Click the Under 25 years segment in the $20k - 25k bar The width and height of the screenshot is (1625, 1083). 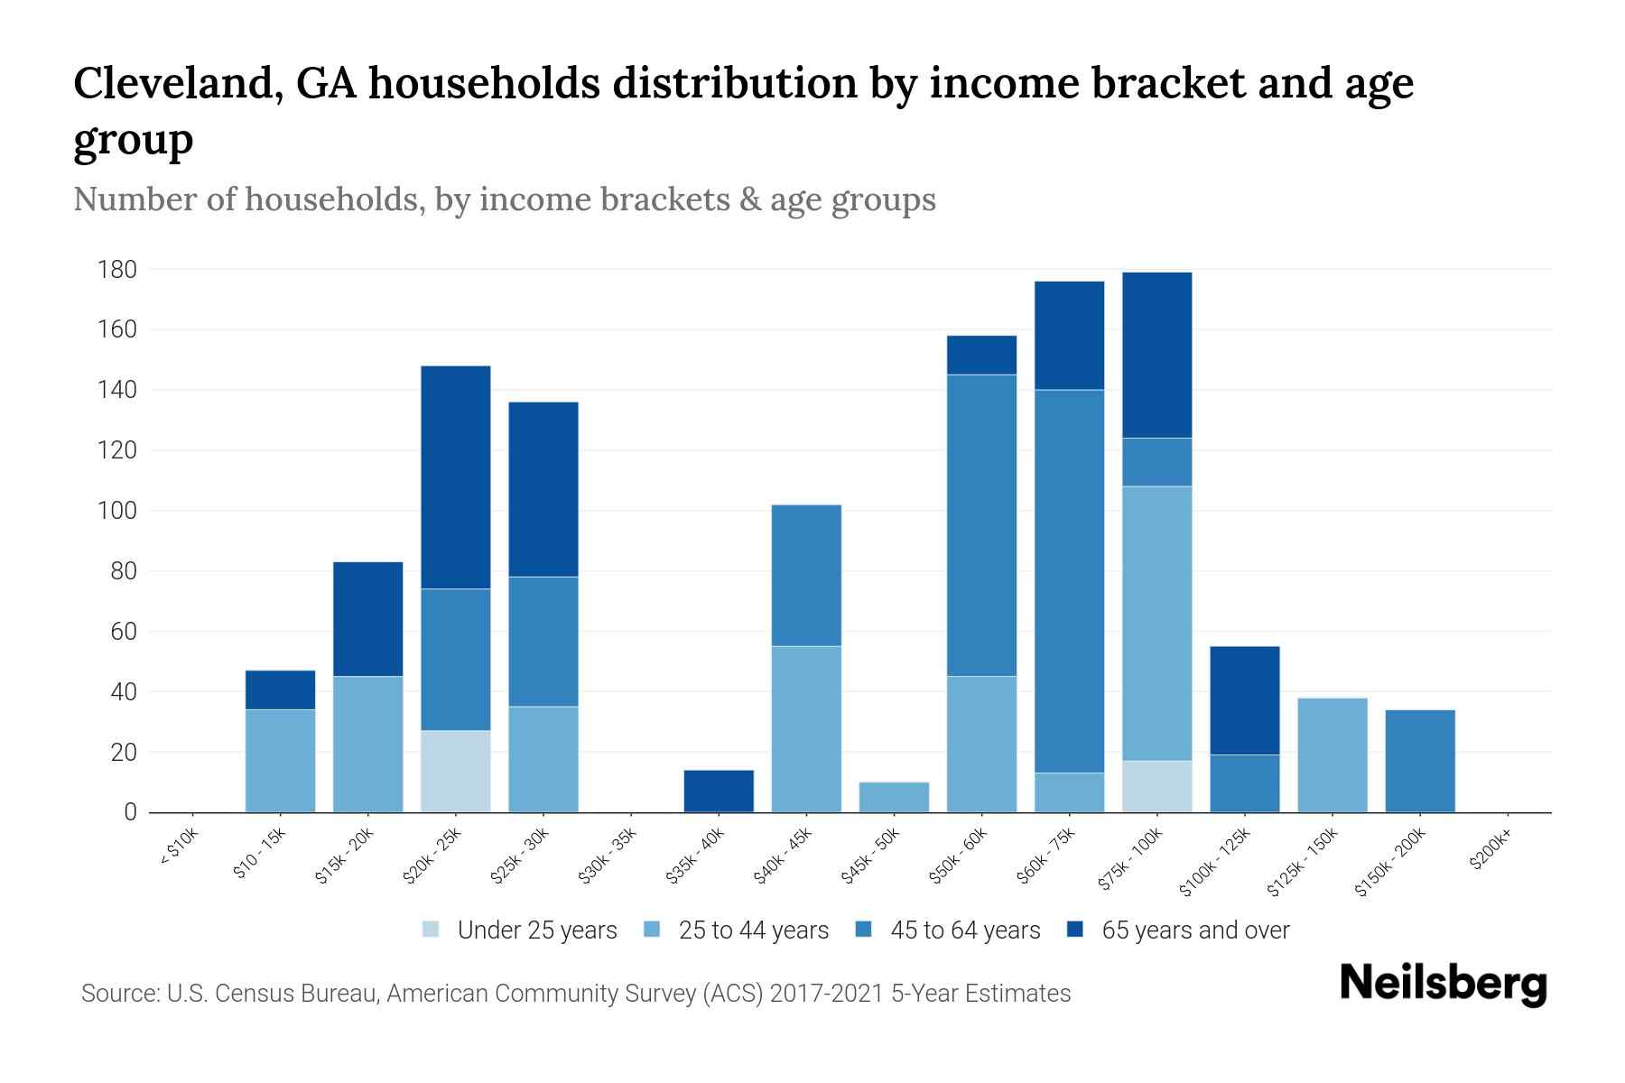click(x=456, y=771)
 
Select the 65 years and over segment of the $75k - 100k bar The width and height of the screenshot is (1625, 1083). click(x=1157, y=355)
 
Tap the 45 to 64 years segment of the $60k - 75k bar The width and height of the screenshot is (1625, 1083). click(x=1070, y=580)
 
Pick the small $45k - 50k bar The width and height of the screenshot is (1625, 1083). click(x=895, y=797)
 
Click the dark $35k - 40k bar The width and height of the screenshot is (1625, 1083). click(x=720, y=791)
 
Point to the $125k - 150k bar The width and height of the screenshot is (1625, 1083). click(x=1332, y=754)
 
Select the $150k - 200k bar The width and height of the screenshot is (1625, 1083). click(x=1420, y=761)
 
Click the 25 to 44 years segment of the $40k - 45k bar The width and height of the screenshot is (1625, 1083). click(x=807, y=728)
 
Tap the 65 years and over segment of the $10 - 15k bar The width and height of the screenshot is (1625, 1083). click(x=281, y=690)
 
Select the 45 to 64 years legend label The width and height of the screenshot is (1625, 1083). click(x=965, y=930)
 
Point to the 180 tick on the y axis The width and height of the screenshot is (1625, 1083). click(x=117, y=270)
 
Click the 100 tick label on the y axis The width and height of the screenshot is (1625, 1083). click(x=117, y=511)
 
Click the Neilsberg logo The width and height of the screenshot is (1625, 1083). click(x=1443, y=984)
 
